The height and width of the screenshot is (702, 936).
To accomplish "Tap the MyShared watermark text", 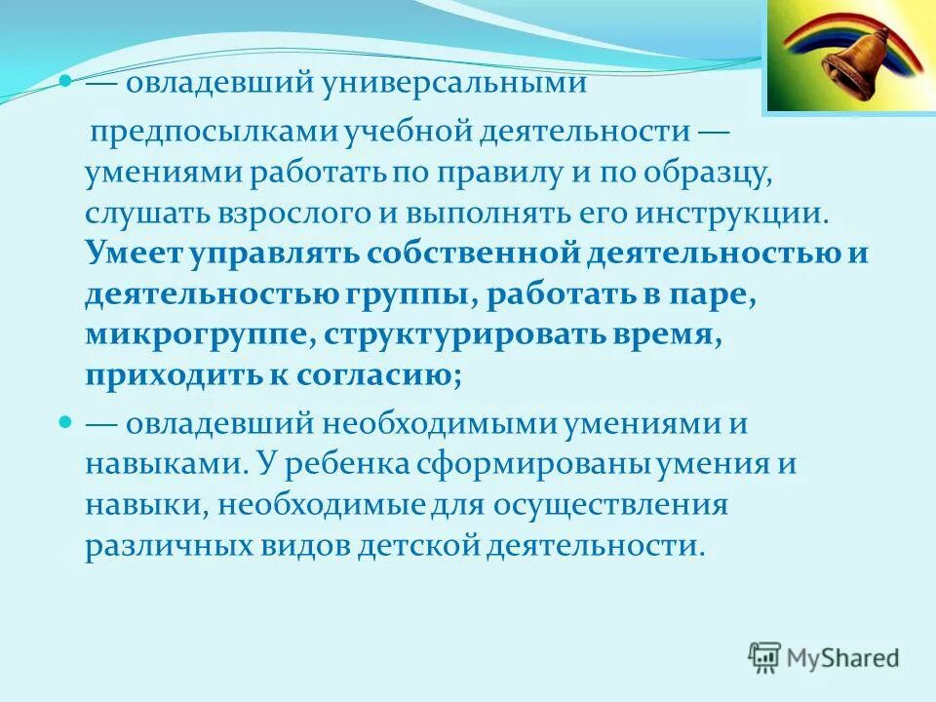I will (x=845, y=658).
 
